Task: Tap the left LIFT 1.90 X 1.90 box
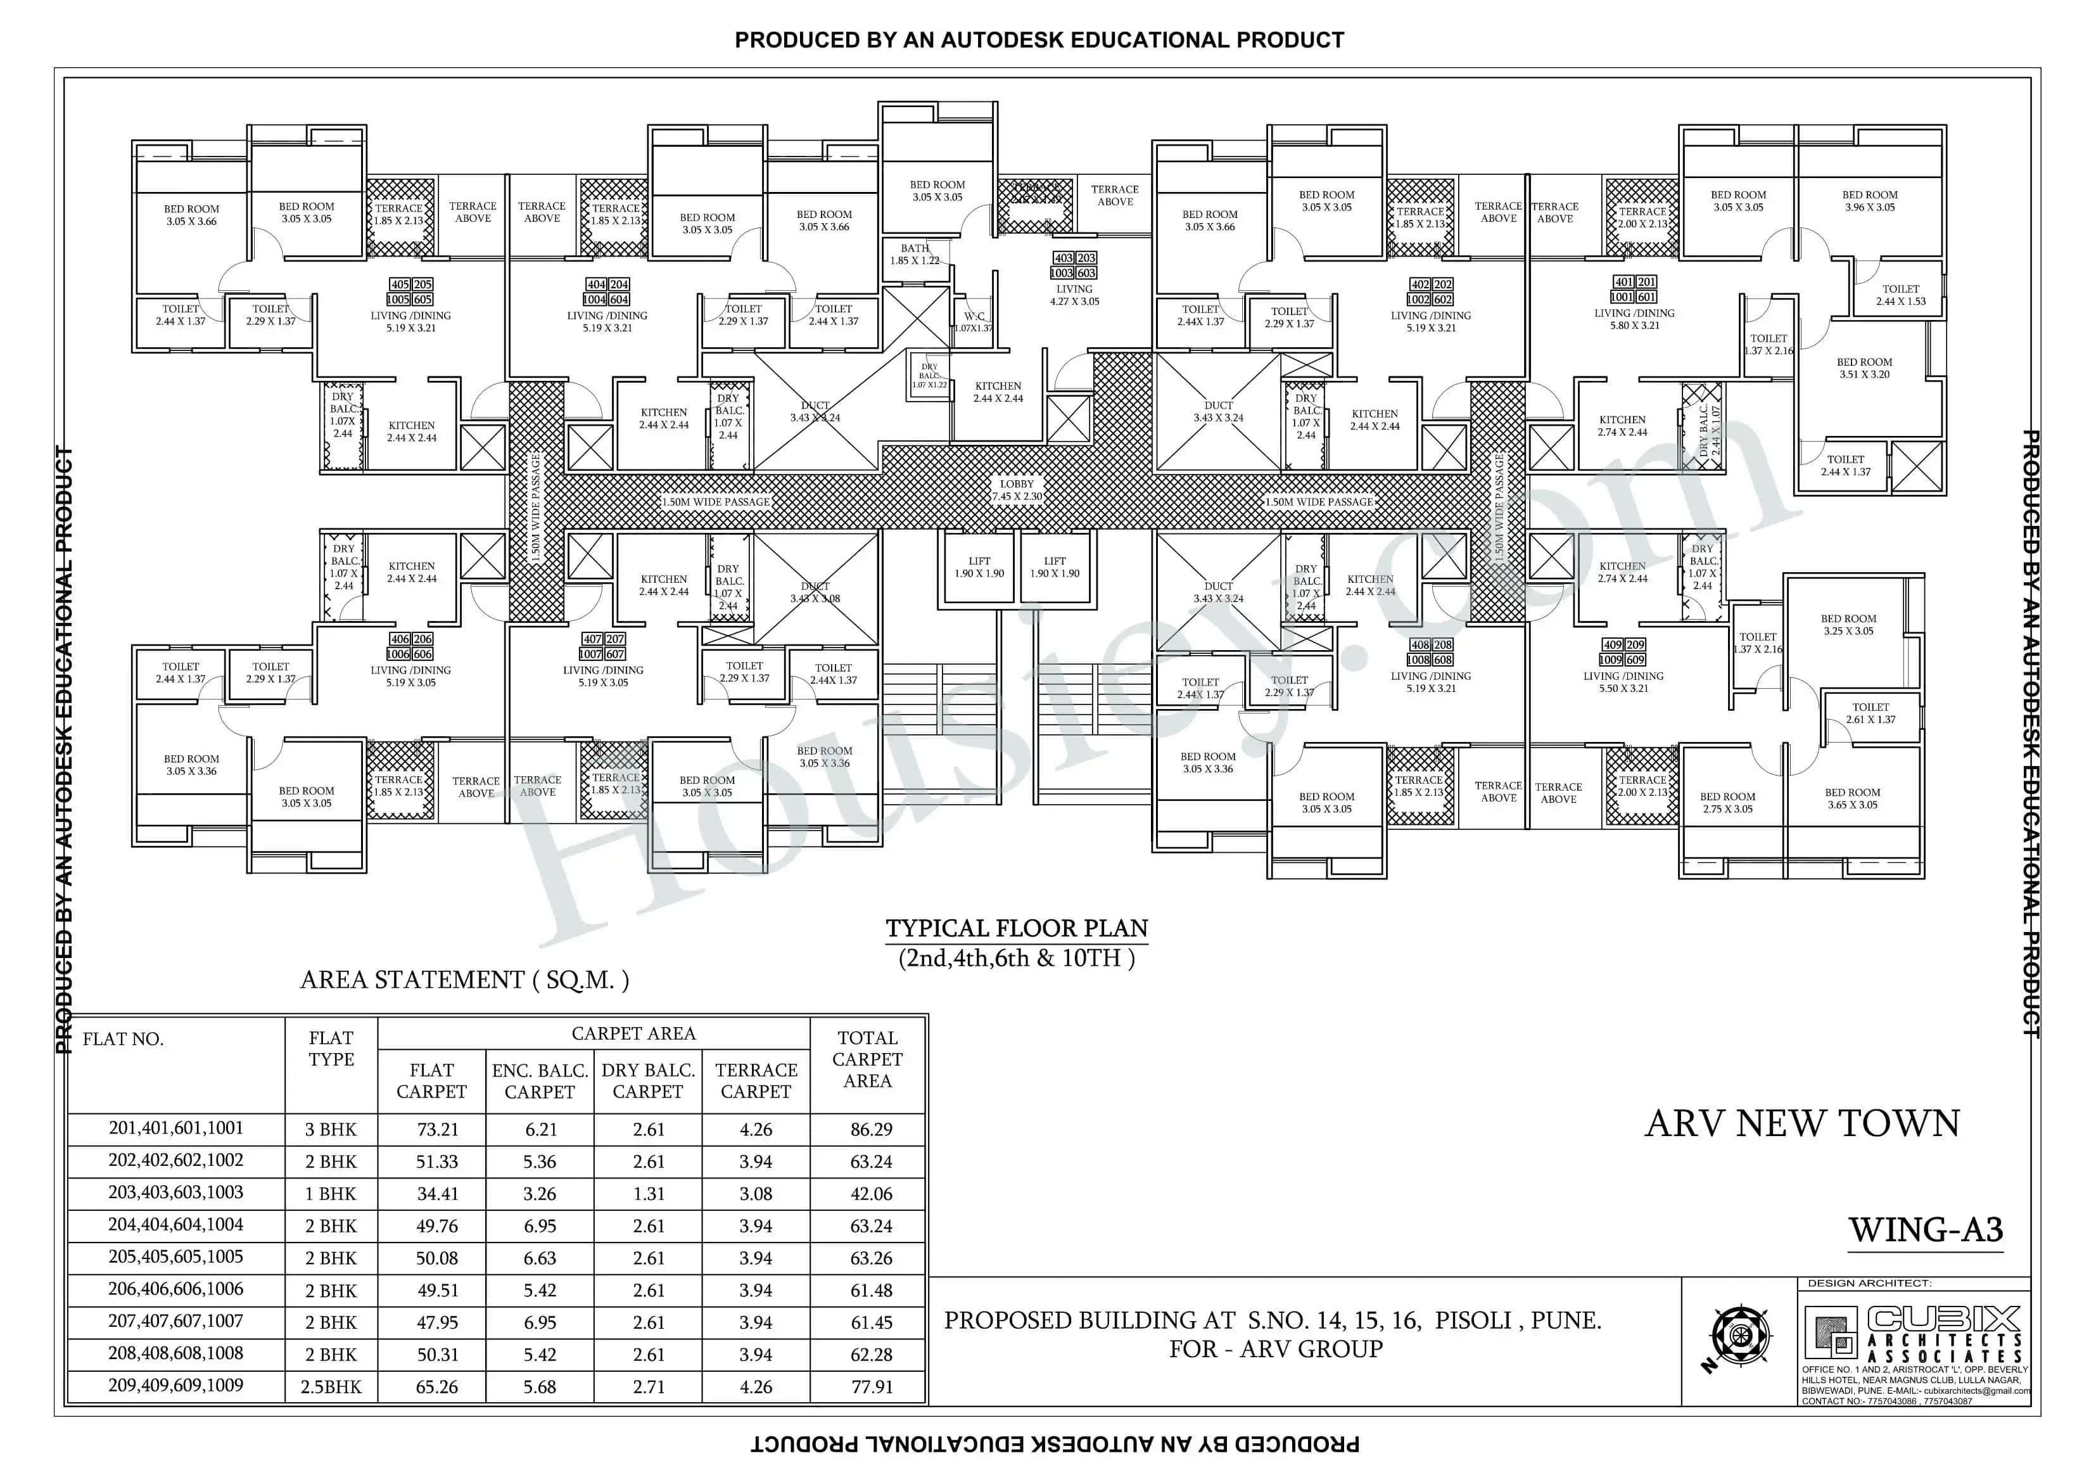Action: coord(979,568)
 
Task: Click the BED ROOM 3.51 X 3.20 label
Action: coord(1864,368)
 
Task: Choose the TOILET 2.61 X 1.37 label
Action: coord(1871,713)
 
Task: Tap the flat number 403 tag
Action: coord(1063,259)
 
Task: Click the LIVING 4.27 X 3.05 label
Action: coord(1074,295)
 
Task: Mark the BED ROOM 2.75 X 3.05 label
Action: coord(1727,803)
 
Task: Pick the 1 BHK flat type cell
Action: coord(331,1194)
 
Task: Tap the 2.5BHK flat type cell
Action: coord(331,1387)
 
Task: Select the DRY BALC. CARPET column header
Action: coord(647,1080)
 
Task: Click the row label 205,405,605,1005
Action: coord(175,1257)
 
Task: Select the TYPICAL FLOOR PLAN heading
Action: coord(1016,929)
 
